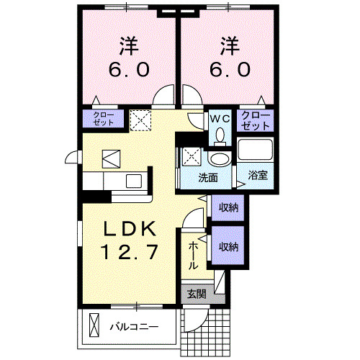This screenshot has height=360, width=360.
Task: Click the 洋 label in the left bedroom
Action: click(129, 45)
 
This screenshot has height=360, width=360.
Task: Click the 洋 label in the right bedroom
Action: click(230, 45)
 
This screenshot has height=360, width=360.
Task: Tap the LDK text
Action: click(129, 229)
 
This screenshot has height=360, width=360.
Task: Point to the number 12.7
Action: click(129, 253)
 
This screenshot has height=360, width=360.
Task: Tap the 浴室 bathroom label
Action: click(258, 175)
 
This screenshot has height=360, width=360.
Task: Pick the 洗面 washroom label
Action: click(210, 177)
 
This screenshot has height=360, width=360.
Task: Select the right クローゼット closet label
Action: click(256, 120)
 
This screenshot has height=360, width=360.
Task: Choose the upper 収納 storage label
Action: click(230, 208)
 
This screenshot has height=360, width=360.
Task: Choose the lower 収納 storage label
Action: click(230, 247)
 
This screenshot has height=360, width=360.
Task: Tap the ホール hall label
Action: click(194, 256)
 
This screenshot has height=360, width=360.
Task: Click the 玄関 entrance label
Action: click(197, 293)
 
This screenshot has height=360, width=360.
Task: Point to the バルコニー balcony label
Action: click(133, 325)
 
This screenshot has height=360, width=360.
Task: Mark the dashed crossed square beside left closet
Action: click(140, 118)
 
